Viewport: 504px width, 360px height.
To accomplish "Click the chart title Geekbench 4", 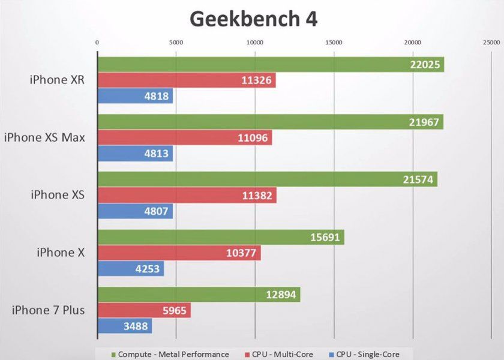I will pos(253,19).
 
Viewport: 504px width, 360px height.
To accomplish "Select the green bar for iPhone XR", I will pos(270,65).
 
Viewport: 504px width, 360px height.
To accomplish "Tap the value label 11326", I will pos(259,80).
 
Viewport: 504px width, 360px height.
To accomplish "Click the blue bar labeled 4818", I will pos(135,96).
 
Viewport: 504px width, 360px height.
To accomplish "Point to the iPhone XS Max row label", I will pos(44,137).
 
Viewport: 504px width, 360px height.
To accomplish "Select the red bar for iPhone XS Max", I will pos(184,138).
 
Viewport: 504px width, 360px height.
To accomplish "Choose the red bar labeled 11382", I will pos(187,196).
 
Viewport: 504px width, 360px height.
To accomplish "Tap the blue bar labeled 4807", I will pos(135,211).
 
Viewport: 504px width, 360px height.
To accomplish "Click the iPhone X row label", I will pos(60,253).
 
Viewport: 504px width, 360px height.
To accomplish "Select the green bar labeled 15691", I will pos(220,238).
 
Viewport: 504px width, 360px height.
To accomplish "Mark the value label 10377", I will pos(244,253).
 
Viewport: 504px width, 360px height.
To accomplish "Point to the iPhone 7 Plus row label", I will pos(48,310).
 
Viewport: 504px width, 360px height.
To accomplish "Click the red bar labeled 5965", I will pos(144,311).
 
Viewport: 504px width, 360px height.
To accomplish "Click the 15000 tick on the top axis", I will pos(334,43).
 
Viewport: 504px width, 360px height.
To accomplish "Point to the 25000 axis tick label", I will pos(491,43).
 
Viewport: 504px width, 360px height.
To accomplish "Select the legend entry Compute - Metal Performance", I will pos(170,354).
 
